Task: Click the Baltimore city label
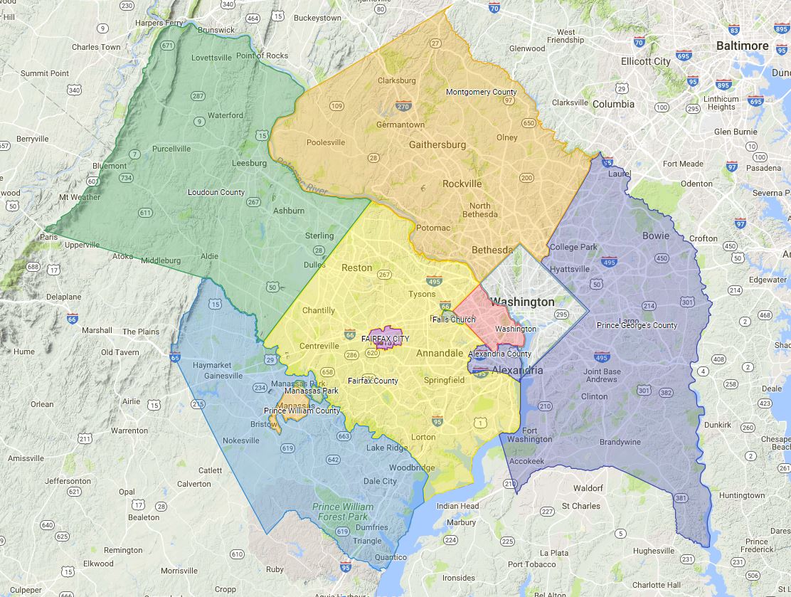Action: pos(742,46)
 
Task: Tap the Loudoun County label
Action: pos(216,192)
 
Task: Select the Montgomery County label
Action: pos(481,92)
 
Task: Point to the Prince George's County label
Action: pos(637,325)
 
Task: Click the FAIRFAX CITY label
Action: pos(386,339)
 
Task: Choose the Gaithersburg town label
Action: pos(437,144)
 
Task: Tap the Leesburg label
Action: pos(249,163)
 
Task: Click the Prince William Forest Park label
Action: pos(343,512)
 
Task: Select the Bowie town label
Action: pos(655,236)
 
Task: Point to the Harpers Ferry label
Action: pos(159,23)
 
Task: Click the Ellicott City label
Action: pos(645,61)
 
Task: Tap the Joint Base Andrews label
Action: pos(602,375)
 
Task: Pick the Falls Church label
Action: pos(454,319)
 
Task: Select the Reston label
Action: pos(356,268)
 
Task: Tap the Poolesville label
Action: pos(326,142)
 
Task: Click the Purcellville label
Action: pos(171,149)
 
